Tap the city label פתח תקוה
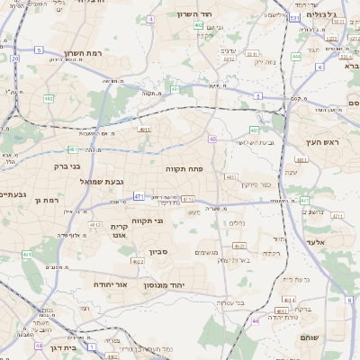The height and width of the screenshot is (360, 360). pyautogui.click(x=184, y=168)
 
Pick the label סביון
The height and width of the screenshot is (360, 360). pyautogui.click(x=158, y=253)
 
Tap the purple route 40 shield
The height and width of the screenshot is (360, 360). pyautogui.click(x=212, y=139)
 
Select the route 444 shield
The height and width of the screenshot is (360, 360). pyautogui.click(x=296, y=56)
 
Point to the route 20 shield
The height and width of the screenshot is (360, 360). pyautogui.click(x=14, y=58)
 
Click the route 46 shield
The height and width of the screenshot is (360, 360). pyautogui.click(x=256, y=321)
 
